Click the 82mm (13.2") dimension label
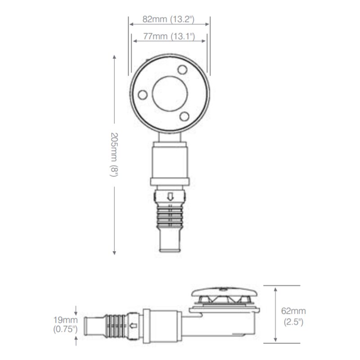tap(169, 19)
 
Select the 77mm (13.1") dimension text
tap(170, 36)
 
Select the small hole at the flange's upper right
tap(183, 70)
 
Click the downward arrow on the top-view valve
tap(170, 196)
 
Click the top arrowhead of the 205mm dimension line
tap(114, 58)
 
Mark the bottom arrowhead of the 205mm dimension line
tap(114, 252)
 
